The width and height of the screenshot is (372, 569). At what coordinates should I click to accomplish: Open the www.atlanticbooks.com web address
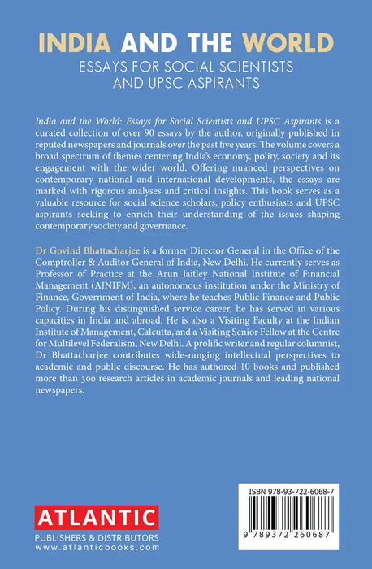coord(83,550)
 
